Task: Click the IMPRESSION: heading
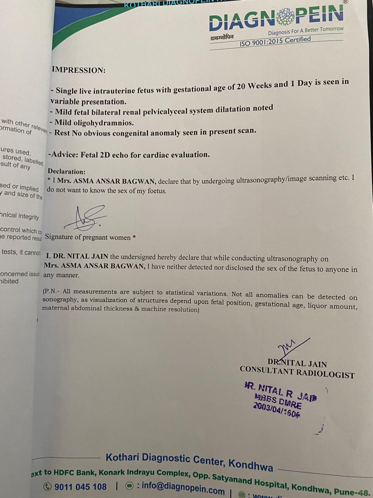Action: coord(78,70)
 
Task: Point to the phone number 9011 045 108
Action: coord(80,487)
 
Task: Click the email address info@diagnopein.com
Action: coord(183,487)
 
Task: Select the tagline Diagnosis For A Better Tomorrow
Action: coord(306,31)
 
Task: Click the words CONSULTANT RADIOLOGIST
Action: coord(297,372)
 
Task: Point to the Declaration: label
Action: coord(66,171)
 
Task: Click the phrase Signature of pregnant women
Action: coord(88,237)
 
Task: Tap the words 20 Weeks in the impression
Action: coord(254,86)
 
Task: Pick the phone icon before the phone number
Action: coord(47,486)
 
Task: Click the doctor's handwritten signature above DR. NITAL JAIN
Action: coord(291,346)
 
